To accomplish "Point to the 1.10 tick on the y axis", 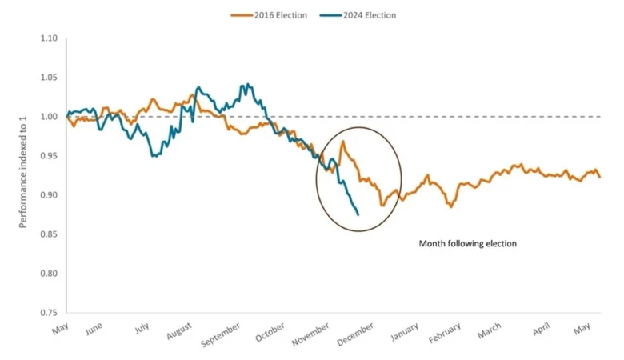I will click(50, 38).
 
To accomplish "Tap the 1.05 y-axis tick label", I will click(50, 78).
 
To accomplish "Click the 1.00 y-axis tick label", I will click(50, 117).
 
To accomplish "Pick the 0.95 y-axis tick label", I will click(50, 156).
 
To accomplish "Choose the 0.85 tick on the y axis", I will click(50, 234).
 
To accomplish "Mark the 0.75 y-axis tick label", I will click(50, 312).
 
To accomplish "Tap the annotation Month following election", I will click(468, 243).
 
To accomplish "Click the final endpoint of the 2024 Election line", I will click(358, 214).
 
